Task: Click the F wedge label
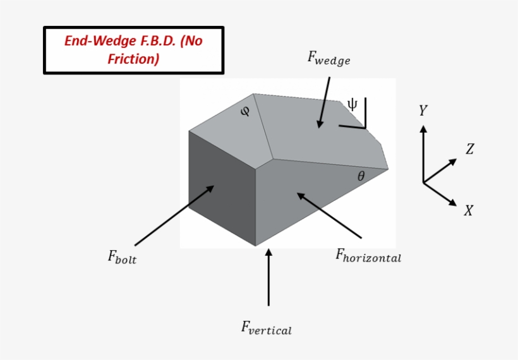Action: [x=328, y=58]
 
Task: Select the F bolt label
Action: [x=122, y=257]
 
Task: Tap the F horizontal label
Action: [x=368, y=255]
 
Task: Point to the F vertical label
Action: [x=266, y=328]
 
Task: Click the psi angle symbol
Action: [x=352, y=105]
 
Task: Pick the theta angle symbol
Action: [x=361, y=177]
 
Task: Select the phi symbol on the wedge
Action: [x=246, y=112]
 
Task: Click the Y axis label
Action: [x=423, y=111]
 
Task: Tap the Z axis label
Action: [x=469, y=150]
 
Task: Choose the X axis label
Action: [x=468, y=211]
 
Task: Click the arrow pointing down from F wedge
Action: [x=325, y=101]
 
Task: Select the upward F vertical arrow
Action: [x=268, y=278]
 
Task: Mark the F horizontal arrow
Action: [x=328, y=215]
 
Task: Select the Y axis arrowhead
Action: [x=423, y=129]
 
